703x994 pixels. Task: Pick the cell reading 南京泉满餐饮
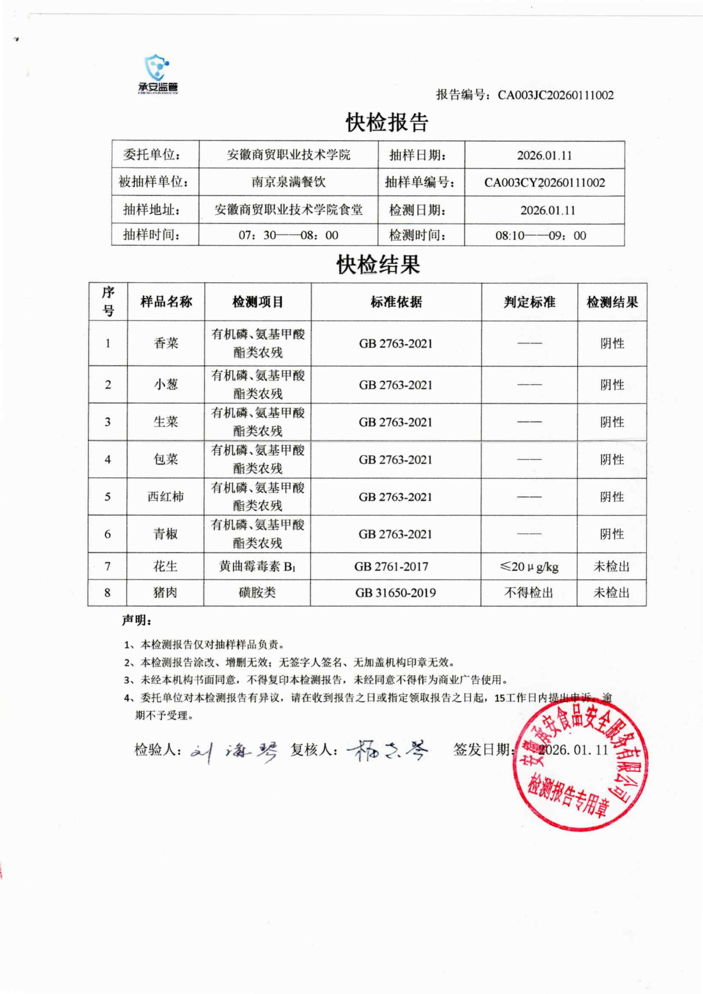click(288, 182)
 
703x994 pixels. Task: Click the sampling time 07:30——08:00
click(288, 235)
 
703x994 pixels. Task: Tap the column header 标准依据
click(396, 302)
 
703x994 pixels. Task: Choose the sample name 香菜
click(166, 343)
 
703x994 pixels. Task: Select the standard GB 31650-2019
click(395, 593)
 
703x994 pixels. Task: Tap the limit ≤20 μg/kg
click(529, 566)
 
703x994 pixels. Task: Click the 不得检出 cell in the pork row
click(529, 593)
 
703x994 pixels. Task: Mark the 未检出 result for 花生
click(611, 566)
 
